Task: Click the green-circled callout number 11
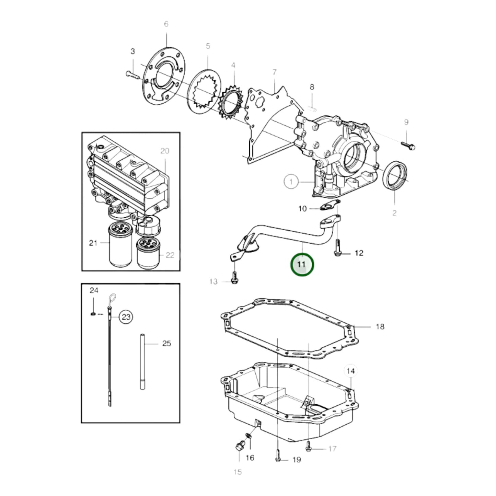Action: pyautogui.click(x=302, y=264)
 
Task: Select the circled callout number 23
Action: pyautogui.click(x=126, y=316)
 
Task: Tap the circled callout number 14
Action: pyautogui.click(x=350, y=371)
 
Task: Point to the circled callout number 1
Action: pyautogui.click(x=291, y=181)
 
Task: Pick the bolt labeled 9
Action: pyautogui.click(x=408, y=145)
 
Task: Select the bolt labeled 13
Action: pyautogui.click(x=234, y=278)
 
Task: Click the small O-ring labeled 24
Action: pyautogui.click(x=93, y=314)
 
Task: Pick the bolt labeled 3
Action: pyautogui.click(x=131, y=74)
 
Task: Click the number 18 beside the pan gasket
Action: pyautogui.click(x=380, y=326)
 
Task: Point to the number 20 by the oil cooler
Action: pyautogui.click(x=165, y=151)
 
